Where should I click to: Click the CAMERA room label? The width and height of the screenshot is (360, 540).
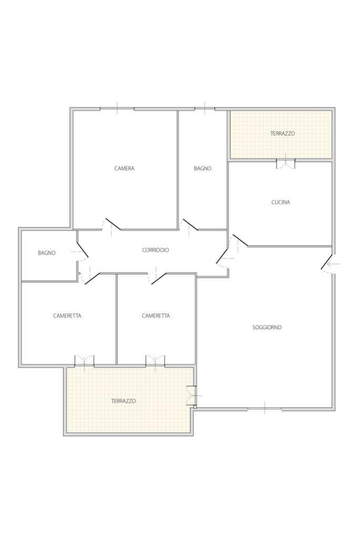[124, 168]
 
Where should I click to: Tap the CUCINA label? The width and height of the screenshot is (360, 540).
[281, 202]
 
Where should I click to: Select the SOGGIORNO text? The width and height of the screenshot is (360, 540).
[267, 327]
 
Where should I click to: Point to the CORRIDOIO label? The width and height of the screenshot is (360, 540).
[155, 250]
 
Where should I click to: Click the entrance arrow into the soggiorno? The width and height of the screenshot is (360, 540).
[334, 264]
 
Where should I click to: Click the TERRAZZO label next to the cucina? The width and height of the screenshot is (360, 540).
[282, 133]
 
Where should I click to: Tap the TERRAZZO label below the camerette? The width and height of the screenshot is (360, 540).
[123, 401]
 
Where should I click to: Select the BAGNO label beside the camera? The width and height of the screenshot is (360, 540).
[203, 168]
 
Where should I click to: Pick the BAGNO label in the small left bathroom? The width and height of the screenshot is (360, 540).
[46, 253]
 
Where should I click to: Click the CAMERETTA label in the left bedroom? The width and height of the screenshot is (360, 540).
[67, 315]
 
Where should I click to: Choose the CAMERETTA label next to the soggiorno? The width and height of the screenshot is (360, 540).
[156, 315]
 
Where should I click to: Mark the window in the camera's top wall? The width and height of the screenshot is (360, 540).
[117, 109]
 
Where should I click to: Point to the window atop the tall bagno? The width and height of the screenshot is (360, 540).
[205, 109]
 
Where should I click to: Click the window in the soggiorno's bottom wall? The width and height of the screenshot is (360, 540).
[264, 409]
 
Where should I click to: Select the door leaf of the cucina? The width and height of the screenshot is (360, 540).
[240, 240]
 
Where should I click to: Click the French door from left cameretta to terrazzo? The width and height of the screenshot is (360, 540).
[84, 361]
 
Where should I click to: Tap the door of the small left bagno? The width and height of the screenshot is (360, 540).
[83, 250]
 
